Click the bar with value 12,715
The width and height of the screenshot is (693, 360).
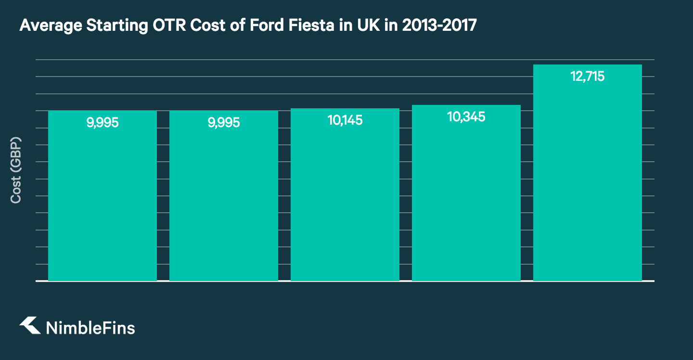(x=587, y=183)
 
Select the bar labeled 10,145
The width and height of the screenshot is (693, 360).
(x=345, y=202)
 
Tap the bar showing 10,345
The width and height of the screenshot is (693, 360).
(x=466, y=202)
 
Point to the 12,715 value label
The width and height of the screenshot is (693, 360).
(x=587, y=77)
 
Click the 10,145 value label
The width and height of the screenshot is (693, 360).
(x=345, y=120)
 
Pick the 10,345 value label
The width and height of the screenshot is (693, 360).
(x=466, y=117)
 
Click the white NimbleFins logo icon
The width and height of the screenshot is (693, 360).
(x=30, y=326)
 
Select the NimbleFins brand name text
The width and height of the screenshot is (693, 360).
(x=90, y=328)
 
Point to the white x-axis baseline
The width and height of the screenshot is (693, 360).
(x=345, y=281)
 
